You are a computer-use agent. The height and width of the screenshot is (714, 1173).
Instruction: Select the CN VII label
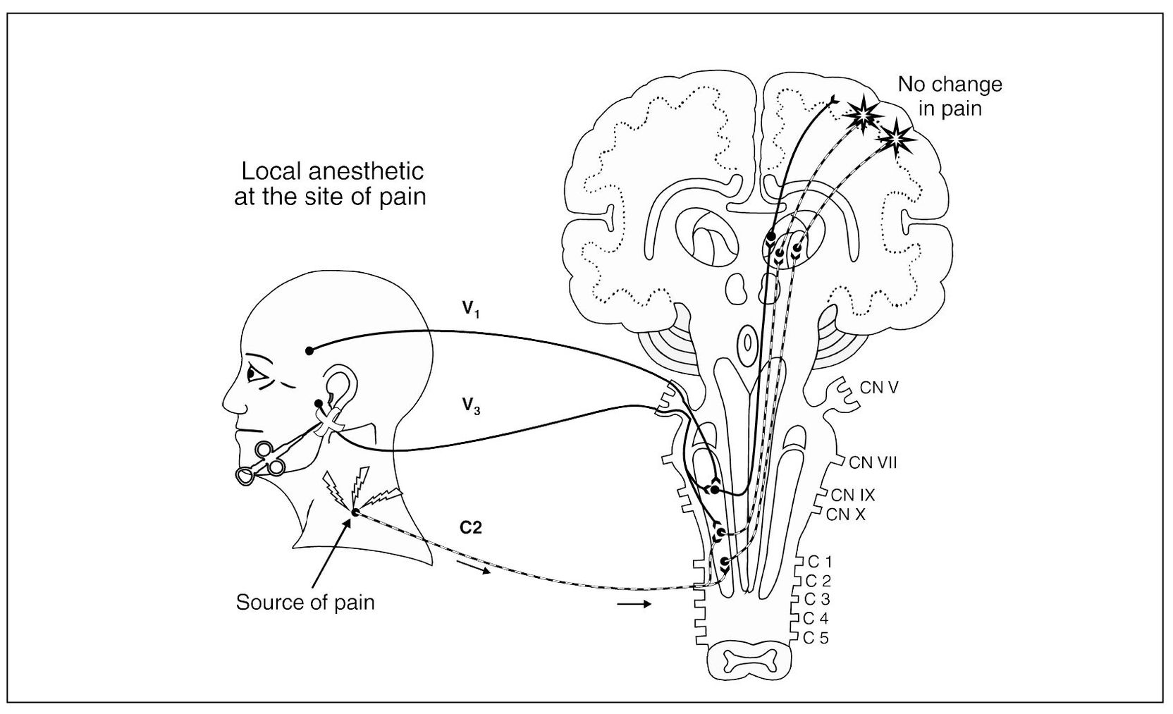click(873, 462)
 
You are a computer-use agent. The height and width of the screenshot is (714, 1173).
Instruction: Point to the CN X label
click(846, 515)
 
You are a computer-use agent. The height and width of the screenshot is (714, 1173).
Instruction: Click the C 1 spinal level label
click(819, 562)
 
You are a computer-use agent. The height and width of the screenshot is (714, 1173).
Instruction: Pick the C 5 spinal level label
click(819, 639)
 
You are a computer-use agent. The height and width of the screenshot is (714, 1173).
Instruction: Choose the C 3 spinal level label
click(819, 600)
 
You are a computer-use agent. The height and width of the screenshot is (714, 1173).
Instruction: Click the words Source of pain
click(305, 603)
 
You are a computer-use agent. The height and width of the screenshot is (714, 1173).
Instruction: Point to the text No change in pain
click(950, 97)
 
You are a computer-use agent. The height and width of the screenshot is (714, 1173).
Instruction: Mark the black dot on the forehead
click(309, 350)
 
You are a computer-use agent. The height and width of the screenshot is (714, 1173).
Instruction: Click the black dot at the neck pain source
click(355, 512)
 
